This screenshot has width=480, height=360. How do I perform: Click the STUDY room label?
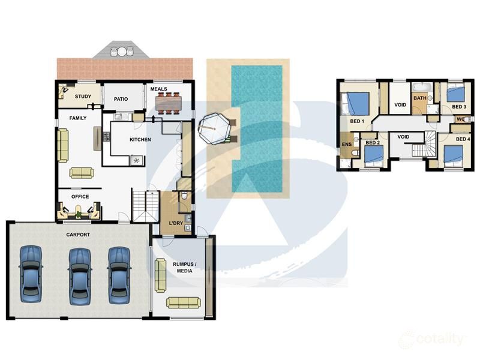[x=82, y=96]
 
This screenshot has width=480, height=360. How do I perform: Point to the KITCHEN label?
[x=140, y=140]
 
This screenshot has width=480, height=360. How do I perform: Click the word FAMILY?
[x=77, y=118]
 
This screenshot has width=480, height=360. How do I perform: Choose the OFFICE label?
[x=80, y=197]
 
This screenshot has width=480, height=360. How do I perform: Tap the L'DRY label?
[x=176, y=223]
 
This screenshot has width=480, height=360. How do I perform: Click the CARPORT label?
[x=78, y=235]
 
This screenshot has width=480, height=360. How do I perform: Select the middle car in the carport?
[x=79, y=274]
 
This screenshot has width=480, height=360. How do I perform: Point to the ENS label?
[x=346, y=145]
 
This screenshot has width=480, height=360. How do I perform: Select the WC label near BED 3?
[x=461, y=119]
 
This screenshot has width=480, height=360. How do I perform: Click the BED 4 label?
[x=463, y=139]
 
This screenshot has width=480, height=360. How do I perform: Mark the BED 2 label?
[x=373, y=143]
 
